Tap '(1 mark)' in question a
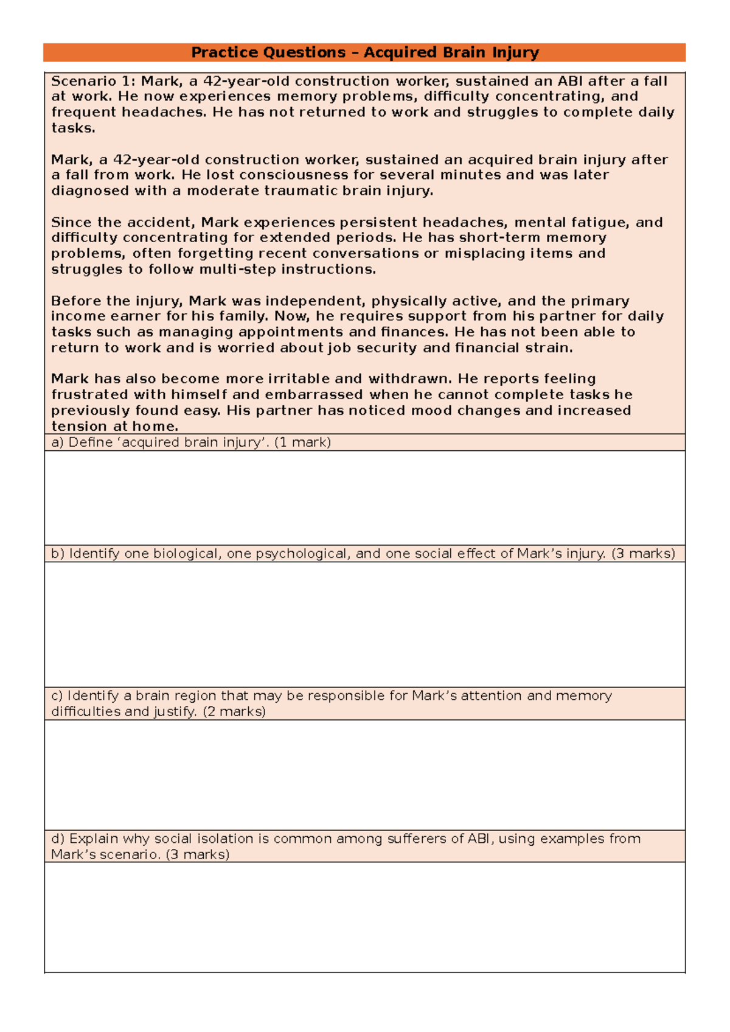pyautogui.click(x=302, y=442)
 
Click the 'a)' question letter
pyautogui.click(x=57, y=442)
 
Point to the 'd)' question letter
pyautogui.click(x=58, y=838)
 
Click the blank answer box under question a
pyautogui.click(x=365, y=498)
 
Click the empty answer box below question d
pyautogui.click(x=365, y=916)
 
